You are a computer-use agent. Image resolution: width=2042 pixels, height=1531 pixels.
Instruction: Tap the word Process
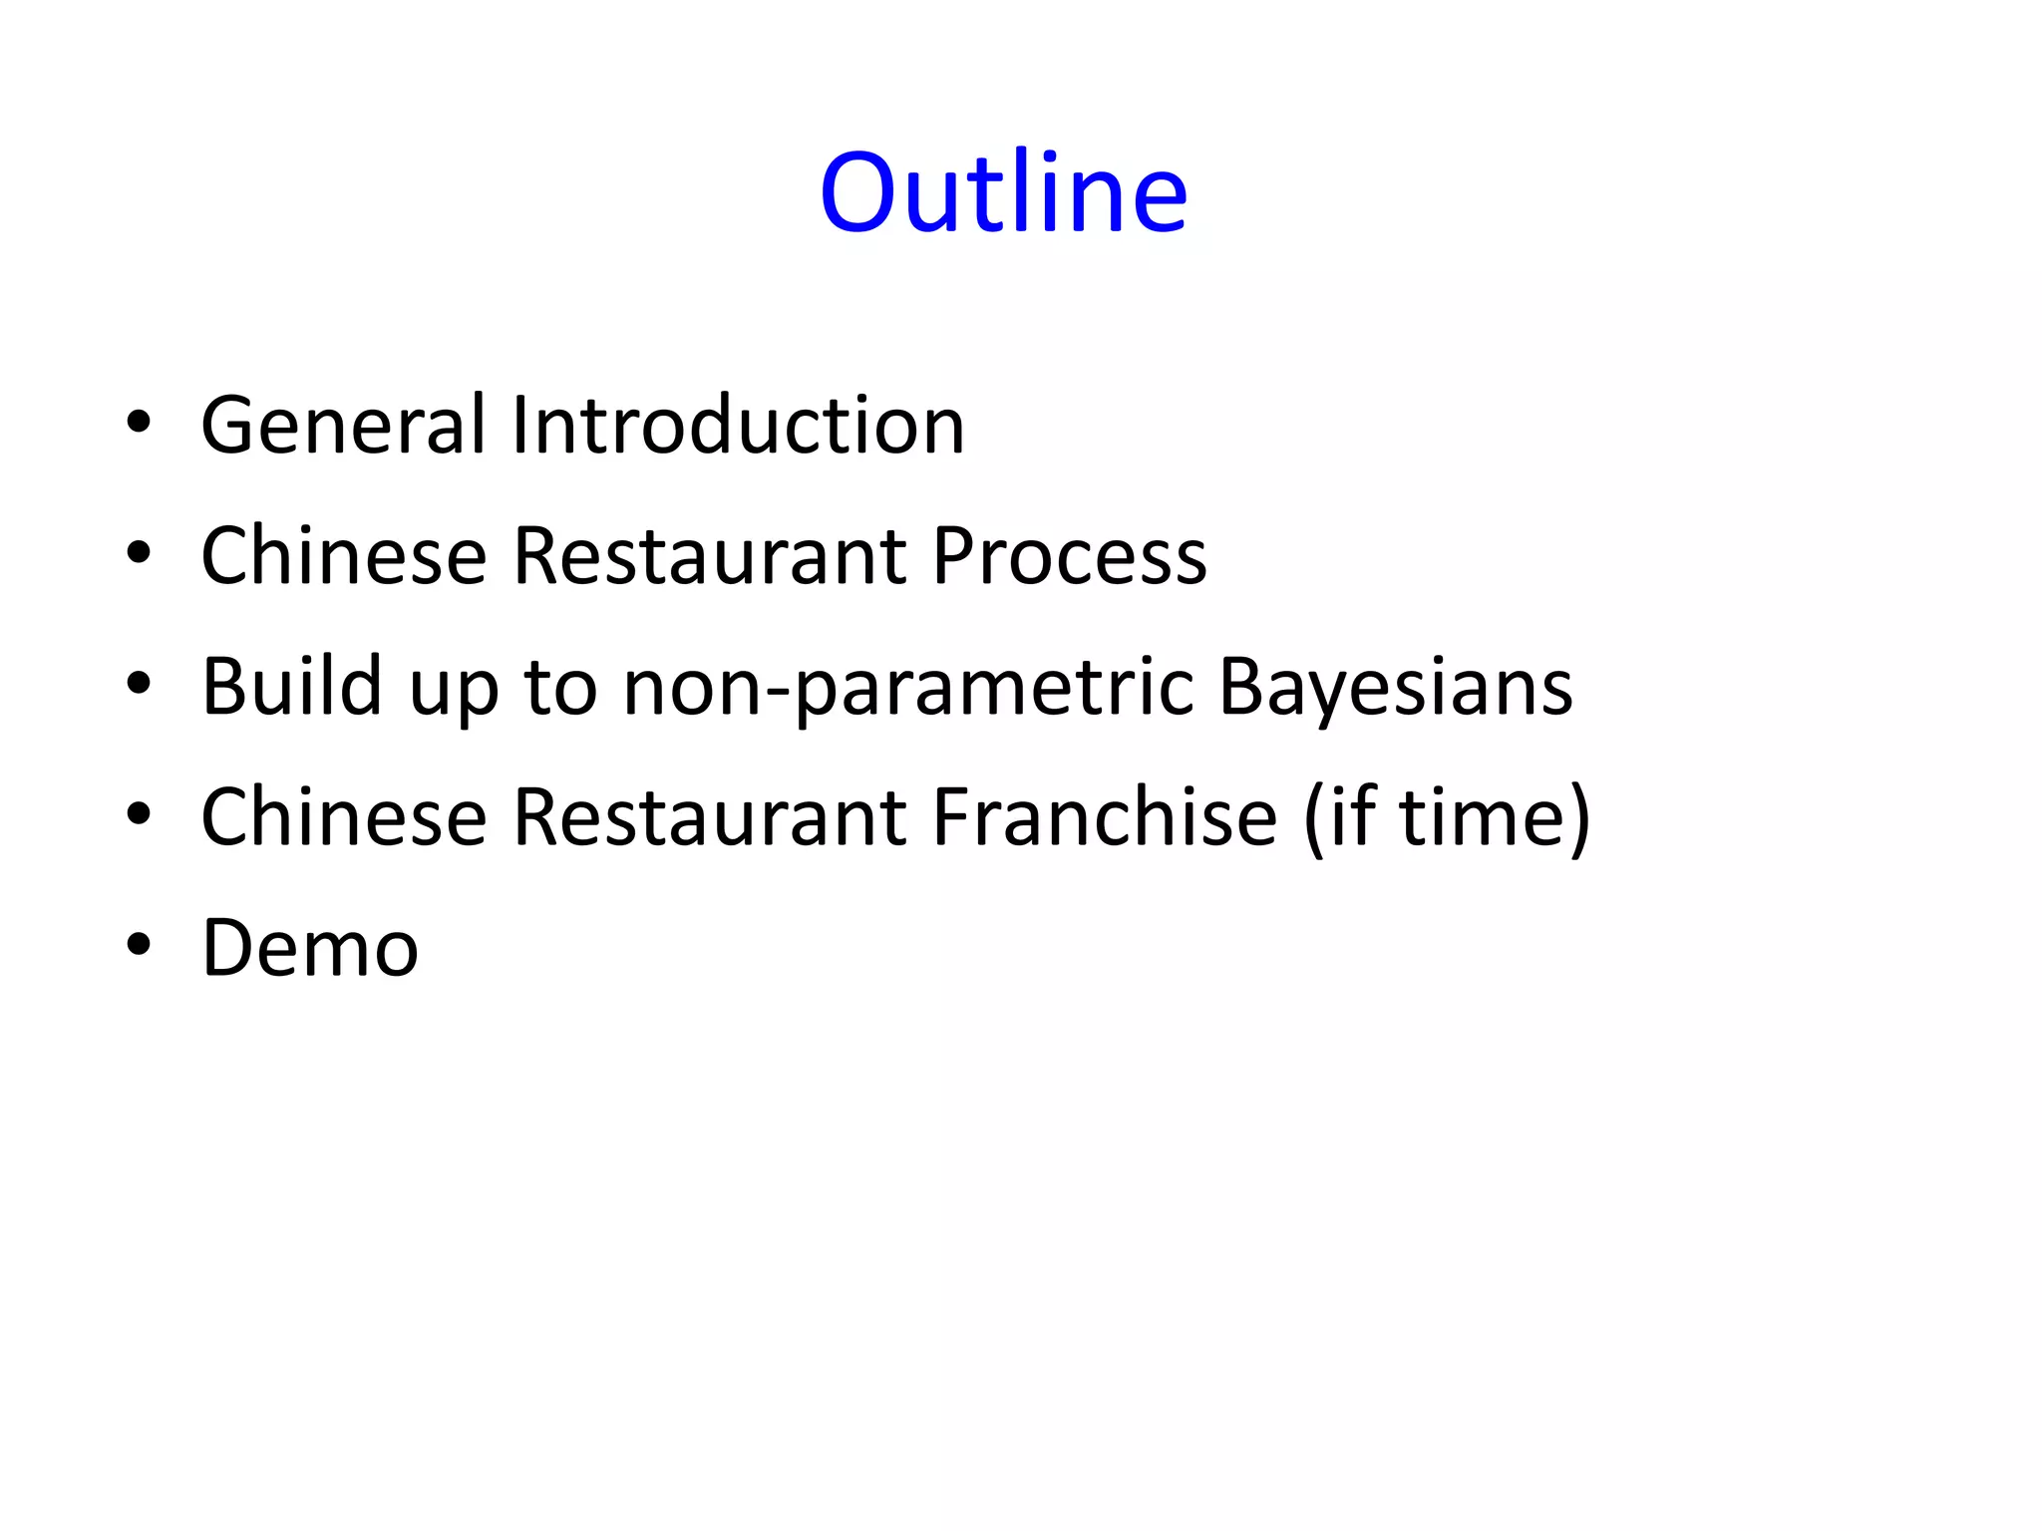(1069, 555)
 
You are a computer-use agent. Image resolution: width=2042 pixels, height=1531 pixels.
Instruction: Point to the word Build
(292, 686)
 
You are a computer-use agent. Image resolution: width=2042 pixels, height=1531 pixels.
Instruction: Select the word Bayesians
(1395, 688)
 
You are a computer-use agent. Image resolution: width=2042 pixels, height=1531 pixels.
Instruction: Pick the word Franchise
(1105, 816)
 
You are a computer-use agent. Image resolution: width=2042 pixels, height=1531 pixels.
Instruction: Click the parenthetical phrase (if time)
(1447, 818)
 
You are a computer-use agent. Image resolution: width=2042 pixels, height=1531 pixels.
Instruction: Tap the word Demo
(310, 947)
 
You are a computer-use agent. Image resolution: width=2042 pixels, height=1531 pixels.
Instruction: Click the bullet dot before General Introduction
(139, 423)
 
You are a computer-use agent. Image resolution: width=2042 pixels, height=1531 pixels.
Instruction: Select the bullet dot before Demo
(139, 945)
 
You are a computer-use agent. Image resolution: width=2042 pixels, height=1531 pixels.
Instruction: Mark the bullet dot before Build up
(139, 684)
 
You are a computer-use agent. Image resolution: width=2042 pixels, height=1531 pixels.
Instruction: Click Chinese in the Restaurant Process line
(344, 555)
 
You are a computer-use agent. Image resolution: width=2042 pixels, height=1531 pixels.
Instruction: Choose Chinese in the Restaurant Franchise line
(344, 816)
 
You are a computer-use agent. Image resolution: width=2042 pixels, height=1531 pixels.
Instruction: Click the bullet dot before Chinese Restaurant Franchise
(139, 814)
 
